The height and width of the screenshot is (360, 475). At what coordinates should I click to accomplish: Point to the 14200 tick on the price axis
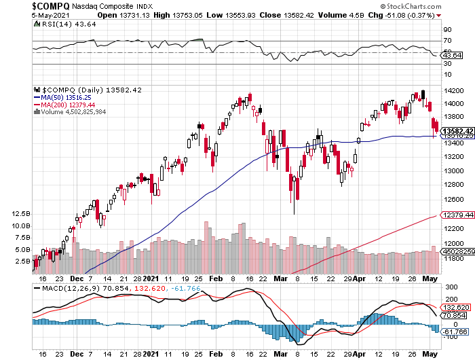(453, 90)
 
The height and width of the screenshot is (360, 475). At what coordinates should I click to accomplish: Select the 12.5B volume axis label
(21, 213)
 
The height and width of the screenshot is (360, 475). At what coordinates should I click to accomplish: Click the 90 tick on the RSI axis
(448, 31)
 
